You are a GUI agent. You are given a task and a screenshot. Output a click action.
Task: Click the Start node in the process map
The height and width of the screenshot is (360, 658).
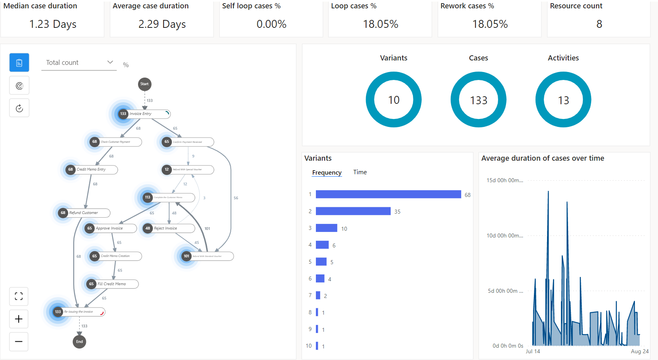click(144, 84)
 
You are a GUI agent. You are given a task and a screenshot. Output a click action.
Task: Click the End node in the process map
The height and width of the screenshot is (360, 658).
click(80, 342)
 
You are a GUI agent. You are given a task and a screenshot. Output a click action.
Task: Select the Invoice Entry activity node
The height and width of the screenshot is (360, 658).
click(144, 114)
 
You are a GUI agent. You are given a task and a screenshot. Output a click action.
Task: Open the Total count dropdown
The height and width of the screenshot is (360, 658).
click(79, 62)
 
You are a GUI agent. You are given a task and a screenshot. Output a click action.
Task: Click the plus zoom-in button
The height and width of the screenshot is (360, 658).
click(19, 319)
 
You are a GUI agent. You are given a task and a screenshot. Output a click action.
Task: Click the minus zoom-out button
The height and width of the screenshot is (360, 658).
click(19, 342)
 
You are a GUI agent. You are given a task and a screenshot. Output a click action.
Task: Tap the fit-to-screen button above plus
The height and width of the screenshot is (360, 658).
click(19, 296)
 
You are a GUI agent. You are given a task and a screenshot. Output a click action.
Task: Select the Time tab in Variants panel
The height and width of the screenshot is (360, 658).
click(360, 172)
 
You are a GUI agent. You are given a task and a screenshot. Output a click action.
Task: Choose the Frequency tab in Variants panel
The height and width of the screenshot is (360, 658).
click(327, 173)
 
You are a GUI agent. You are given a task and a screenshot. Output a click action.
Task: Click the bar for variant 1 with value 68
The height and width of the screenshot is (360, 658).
click(388, 194)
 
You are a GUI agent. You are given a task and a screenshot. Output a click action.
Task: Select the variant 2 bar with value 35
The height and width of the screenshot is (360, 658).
click(353, 211)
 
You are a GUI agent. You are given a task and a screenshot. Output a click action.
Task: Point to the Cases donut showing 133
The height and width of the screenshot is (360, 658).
click(478, 100)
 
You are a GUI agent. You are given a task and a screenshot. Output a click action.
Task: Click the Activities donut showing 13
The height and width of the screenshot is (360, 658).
click(563, 100)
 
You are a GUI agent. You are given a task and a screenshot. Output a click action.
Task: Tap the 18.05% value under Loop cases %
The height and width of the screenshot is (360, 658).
click(380, 24)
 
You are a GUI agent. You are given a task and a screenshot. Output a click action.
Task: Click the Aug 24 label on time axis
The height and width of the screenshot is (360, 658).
click(639, 351)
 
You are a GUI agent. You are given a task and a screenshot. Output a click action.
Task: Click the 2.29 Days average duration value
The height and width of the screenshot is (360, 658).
click(162, 24)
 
